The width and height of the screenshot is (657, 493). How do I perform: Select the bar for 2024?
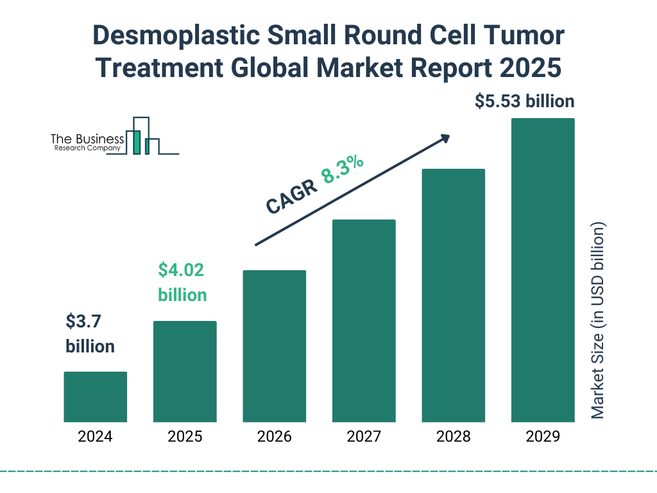[x=95, y=397]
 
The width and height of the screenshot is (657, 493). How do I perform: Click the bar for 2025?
[x=185, y=372]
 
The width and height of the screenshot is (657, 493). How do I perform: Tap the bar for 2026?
[x=275, y=346]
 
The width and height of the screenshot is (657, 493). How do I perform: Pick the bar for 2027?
[x=364, y=321]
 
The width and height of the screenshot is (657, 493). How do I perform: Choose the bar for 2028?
[x=453, y=295]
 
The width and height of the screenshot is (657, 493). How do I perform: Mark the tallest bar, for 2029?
[x=543, y=270]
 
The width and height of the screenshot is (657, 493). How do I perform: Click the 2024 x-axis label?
[x=95, y=437]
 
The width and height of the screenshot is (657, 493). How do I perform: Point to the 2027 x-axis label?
[x=364, y=437]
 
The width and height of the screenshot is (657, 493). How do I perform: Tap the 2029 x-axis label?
[x=543, y=437]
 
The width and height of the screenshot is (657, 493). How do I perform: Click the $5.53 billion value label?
[x=524, y=101]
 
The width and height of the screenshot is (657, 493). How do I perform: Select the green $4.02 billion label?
[x=182, y=282]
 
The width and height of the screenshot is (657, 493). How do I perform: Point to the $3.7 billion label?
[x=90, y=334]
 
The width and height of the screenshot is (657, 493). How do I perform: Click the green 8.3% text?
[x=343, y=169]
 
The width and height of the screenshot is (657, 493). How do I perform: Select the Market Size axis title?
[x=598, y=321]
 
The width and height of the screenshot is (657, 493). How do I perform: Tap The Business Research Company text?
[x=87, y=143]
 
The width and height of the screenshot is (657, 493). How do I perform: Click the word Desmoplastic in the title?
[x=176, y=37]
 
